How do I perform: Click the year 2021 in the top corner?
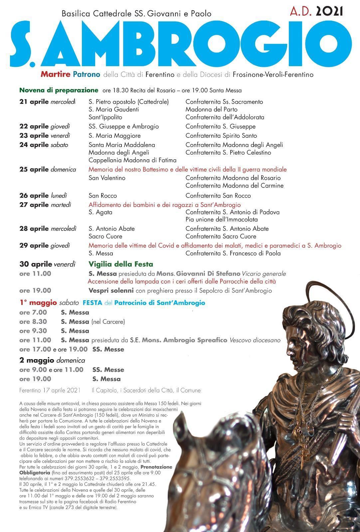tap(329, 12)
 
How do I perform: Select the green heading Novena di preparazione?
tap(59, 90)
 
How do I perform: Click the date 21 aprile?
tap(34, 102)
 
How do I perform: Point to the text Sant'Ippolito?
tap(105, 117)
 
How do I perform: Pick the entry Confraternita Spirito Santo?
tap(221, 136)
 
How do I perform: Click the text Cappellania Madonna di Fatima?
tap(132, 160)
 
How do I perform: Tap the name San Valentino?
tap(107, 178)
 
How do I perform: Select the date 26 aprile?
tap(34, 196)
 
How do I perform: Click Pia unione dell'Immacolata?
tap(222, 219)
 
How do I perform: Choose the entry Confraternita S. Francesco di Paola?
tap(233, 253)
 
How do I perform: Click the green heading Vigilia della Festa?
tap(121, 264)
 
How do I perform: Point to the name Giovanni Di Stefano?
tap(208, 274)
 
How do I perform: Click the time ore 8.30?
tap(33, 322)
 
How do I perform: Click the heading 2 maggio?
tap(36, 360)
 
